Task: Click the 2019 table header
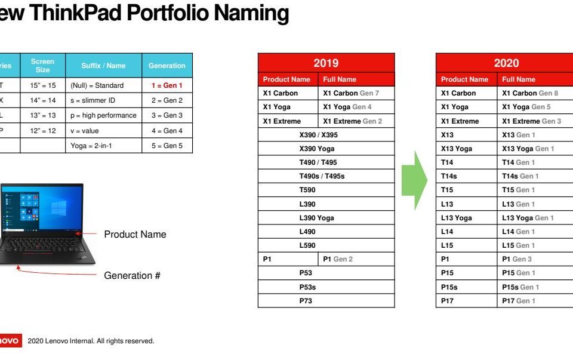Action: pyautogui.click(x=326, y=63)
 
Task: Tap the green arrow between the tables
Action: pyautogui.click(x=414, y=180)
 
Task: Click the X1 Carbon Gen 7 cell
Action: pyautogui.click(x=356, y=93)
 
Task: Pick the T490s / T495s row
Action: pyautogui.click(x=326, y=176)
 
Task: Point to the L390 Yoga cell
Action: pyautogui.click(x=326, y=218)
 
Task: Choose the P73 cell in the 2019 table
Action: pyautogui.click(x=326, y=301)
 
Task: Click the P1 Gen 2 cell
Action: pyautogui.click(x=356, y=259)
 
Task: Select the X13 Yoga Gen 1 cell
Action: pyautogui.click(x=535, y=149)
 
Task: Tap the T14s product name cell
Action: pyautogui.click(x=467, y=176)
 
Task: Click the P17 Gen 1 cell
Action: pyautogui.click(x=535, y=301)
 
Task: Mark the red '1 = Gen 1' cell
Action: pyautogui.click(x=167, y=85)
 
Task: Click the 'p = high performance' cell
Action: pyautogui.click(x=103, y=115)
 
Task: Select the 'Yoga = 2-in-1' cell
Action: pyautogui.click(x=103, y=146)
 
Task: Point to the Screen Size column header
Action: pyautogui.click(x=43, y=66)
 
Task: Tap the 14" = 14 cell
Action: pyautogui.click(x=43, y=100)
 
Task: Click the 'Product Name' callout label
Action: pyautogui.click(x=135, y=234)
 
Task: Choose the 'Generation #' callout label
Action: pyautogui.click(x=133, y=276)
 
